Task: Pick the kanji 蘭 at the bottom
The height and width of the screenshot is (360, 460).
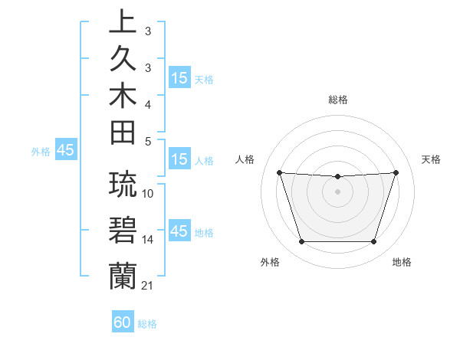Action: pyautogui.click(x=123, y=273)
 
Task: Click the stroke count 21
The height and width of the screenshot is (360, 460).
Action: pyautogui.click(x=147, y=286)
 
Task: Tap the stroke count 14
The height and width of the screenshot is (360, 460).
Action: pyautogui.click(x=148, y=240)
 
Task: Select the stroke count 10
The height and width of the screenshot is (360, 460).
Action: pyautogui.click(x=148, y=194)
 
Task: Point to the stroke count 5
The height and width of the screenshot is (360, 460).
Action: pyautogui.click(x=148, y=141)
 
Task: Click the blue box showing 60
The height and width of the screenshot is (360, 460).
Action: pyautogui.click(x=123, y=322)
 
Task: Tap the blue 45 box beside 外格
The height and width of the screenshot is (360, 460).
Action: pyautogui.click(x=65, y=151)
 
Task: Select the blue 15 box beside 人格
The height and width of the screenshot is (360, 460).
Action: pyautogui.click(x=179, y=160)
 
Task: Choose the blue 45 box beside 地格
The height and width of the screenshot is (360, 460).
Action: pyautogui.click(x=179, y=231)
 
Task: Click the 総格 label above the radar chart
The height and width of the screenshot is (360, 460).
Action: pyautogui.click(x=338, y=100)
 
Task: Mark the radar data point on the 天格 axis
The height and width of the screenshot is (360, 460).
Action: pyautogui.click(x=396, y=173)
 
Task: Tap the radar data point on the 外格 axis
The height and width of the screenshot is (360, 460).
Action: pyautogui.click(x=301, y=242)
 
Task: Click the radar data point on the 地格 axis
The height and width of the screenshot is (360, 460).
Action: pyautogui.click(x=373, y=242)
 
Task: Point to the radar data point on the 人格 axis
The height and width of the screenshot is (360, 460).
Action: pyautogui.click(x=279, y=173)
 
